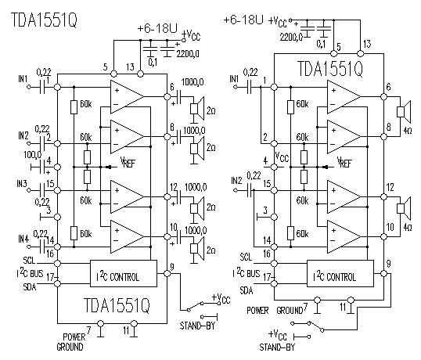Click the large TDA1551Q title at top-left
tap(45, 20)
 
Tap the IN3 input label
tap(22, 184)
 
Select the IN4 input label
tap(23, 239)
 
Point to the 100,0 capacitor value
tap(33, 155)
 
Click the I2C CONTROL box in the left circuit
tap(124, 274)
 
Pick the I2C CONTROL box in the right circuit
tap(340, 274)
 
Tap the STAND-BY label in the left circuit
tap(197, 326)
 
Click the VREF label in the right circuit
tap(344, 162)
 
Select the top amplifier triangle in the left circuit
tap(127, 96)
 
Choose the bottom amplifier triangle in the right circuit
tap(344, 237)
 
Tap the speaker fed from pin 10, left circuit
tap(197, 248)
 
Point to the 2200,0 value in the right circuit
tap(291, 38)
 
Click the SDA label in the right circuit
tap(246, 290)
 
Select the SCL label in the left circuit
tap(29, 260)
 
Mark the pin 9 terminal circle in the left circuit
tap(167, 274)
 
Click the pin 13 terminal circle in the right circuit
tap(360, 53)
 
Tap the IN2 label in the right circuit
tap(236, 181)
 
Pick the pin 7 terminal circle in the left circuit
tap(100, 323)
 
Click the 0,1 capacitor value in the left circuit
tap(153, 63)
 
